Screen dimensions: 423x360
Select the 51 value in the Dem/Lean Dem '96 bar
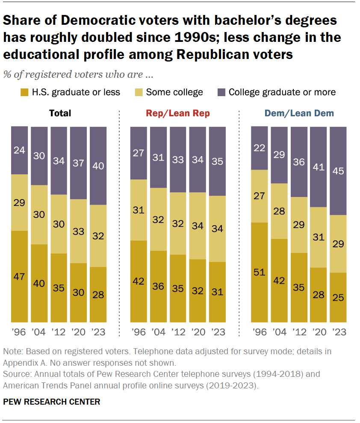(259, 273)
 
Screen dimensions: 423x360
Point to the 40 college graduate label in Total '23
(98, 166)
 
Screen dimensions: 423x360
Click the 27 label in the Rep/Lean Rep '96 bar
(139, 153)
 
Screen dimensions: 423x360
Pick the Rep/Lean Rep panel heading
(178, 113)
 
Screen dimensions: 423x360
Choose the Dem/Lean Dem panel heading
(299, 113)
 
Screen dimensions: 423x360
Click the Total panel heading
(60, 113)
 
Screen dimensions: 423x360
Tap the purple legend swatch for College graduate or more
(222, 92)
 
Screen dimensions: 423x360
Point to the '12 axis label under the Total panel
(59, 332)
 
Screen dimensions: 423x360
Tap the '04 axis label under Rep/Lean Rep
(158, 332)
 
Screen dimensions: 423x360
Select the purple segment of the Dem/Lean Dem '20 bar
(318, 167)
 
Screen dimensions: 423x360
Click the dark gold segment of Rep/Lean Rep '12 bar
(178, 288)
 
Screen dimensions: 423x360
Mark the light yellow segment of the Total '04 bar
(39, 214)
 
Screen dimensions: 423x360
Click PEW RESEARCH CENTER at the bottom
(52, 402)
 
